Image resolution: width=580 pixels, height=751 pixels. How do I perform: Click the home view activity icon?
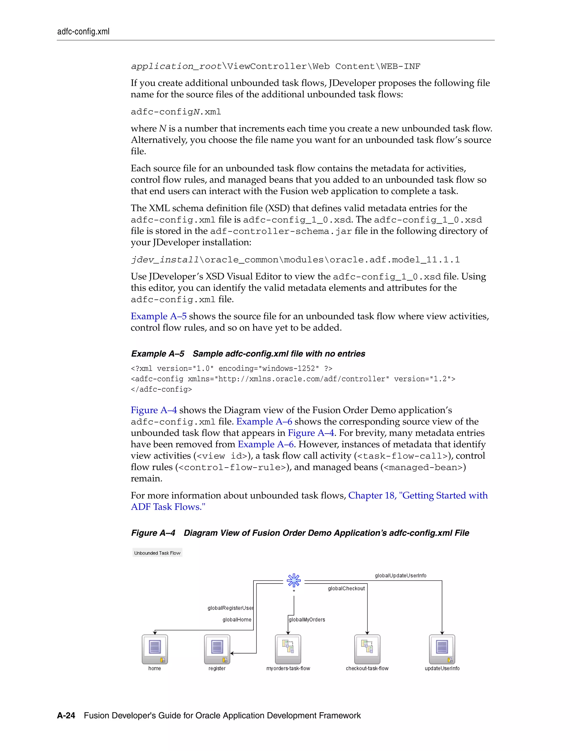[x=155, y=649]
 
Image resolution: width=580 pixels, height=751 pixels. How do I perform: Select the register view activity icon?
[x=217, y=649]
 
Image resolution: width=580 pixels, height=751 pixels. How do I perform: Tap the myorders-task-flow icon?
[x=288, y=649]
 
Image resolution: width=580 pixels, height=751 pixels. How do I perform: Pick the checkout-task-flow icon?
[x=367, y=649]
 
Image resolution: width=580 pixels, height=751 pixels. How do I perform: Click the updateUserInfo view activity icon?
[x=442, y=649]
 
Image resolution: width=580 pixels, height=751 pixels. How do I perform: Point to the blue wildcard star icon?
[x=294, y=581]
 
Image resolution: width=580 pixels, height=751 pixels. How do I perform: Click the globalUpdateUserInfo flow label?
[x=400, y=576]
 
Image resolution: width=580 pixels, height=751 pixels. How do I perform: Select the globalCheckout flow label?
[x=346, y=588]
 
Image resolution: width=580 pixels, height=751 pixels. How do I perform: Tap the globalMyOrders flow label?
[x=307, y=620]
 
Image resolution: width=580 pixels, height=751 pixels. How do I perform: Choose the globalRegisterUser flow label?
[x=230, y=608]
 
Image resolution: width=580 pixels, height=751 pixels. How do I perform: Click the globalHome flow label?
[x=237, y=620]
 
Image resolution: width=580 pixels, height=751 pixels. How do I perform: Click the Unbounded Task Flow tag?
[x=157, y=553]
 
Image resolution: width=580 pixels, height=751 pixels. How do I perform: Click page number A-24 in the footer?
[x=66, y=716]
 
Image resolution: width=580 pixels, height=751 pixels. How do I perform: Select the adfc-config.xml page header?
[x=83, y=32]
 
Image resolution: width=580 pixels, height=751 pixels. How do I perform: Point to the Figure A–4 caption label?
[x=153, y=533]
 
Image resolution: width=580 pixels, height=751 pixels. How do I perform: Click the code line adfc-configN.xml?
[x=176, y=112]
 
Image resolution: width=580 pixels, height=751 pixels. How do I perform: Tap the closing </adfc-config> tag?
[x=161, y=389]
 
